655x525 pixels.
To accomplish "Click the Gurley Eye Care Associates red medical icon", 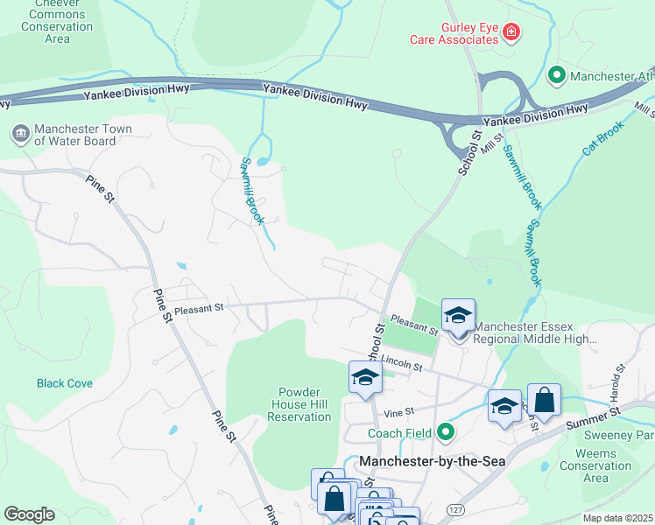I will point(511,33).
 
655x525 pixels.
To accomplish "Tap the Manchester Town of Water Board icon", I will point(19,134).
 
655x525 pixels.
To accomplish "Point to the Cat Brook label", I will point(602,138).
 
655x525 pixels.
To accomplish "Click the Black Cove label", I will point(64,383).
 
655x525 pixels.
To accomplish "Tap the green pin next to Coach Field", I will point(446,432).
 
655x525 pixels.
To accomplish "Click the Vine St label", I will point(398,411).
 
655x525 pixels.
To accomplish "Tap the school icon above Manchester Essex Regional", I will point(457,314).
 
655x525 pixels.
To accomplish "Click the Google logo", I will point(29,514).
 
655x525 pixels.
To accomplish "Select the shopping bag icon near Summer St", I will point(544,400).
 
